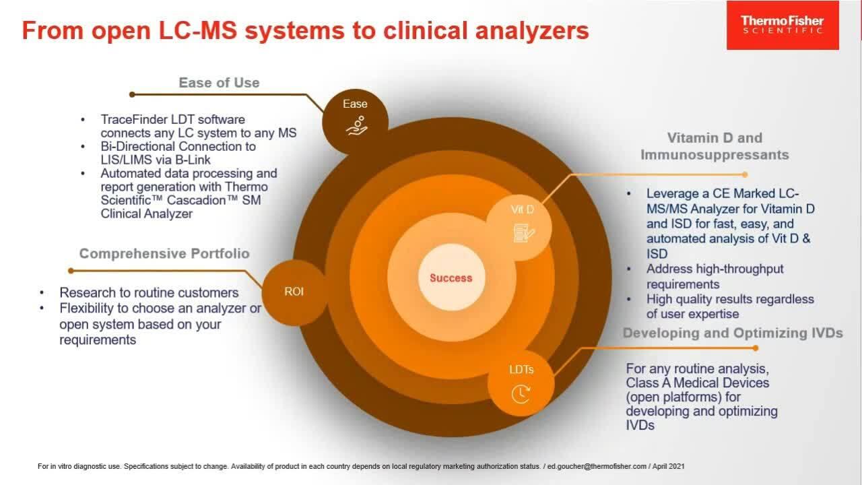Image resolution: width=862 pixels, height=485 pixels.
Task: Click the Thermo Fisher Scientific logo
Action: click(x=782, y=25)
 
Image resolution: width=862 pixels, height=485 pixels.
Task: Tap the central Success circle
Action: click(x=451, y=278)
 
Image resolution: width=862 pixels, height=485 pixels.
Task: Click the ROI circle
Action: click(x=294, y=292)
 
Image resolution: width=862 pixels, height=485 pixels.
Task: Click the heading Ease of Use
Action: click(x=219, y=83)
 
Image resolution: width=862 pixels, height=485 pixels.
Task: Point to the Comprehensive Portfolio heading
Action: click(x=164, y=254)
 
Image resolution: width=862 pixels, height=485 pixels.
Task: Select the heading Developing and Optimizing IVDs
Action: click(x=733, y=333)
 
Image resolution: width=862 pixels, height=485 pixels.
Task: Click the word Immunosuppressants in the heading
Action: click(x=715, y=155)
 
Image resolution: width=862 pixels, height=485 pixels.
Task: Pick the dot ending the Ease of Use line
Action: click(x=132, y=95)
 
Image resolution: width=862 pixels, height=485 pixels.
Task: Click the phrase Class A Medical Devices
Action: click(x=697, y=383)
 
